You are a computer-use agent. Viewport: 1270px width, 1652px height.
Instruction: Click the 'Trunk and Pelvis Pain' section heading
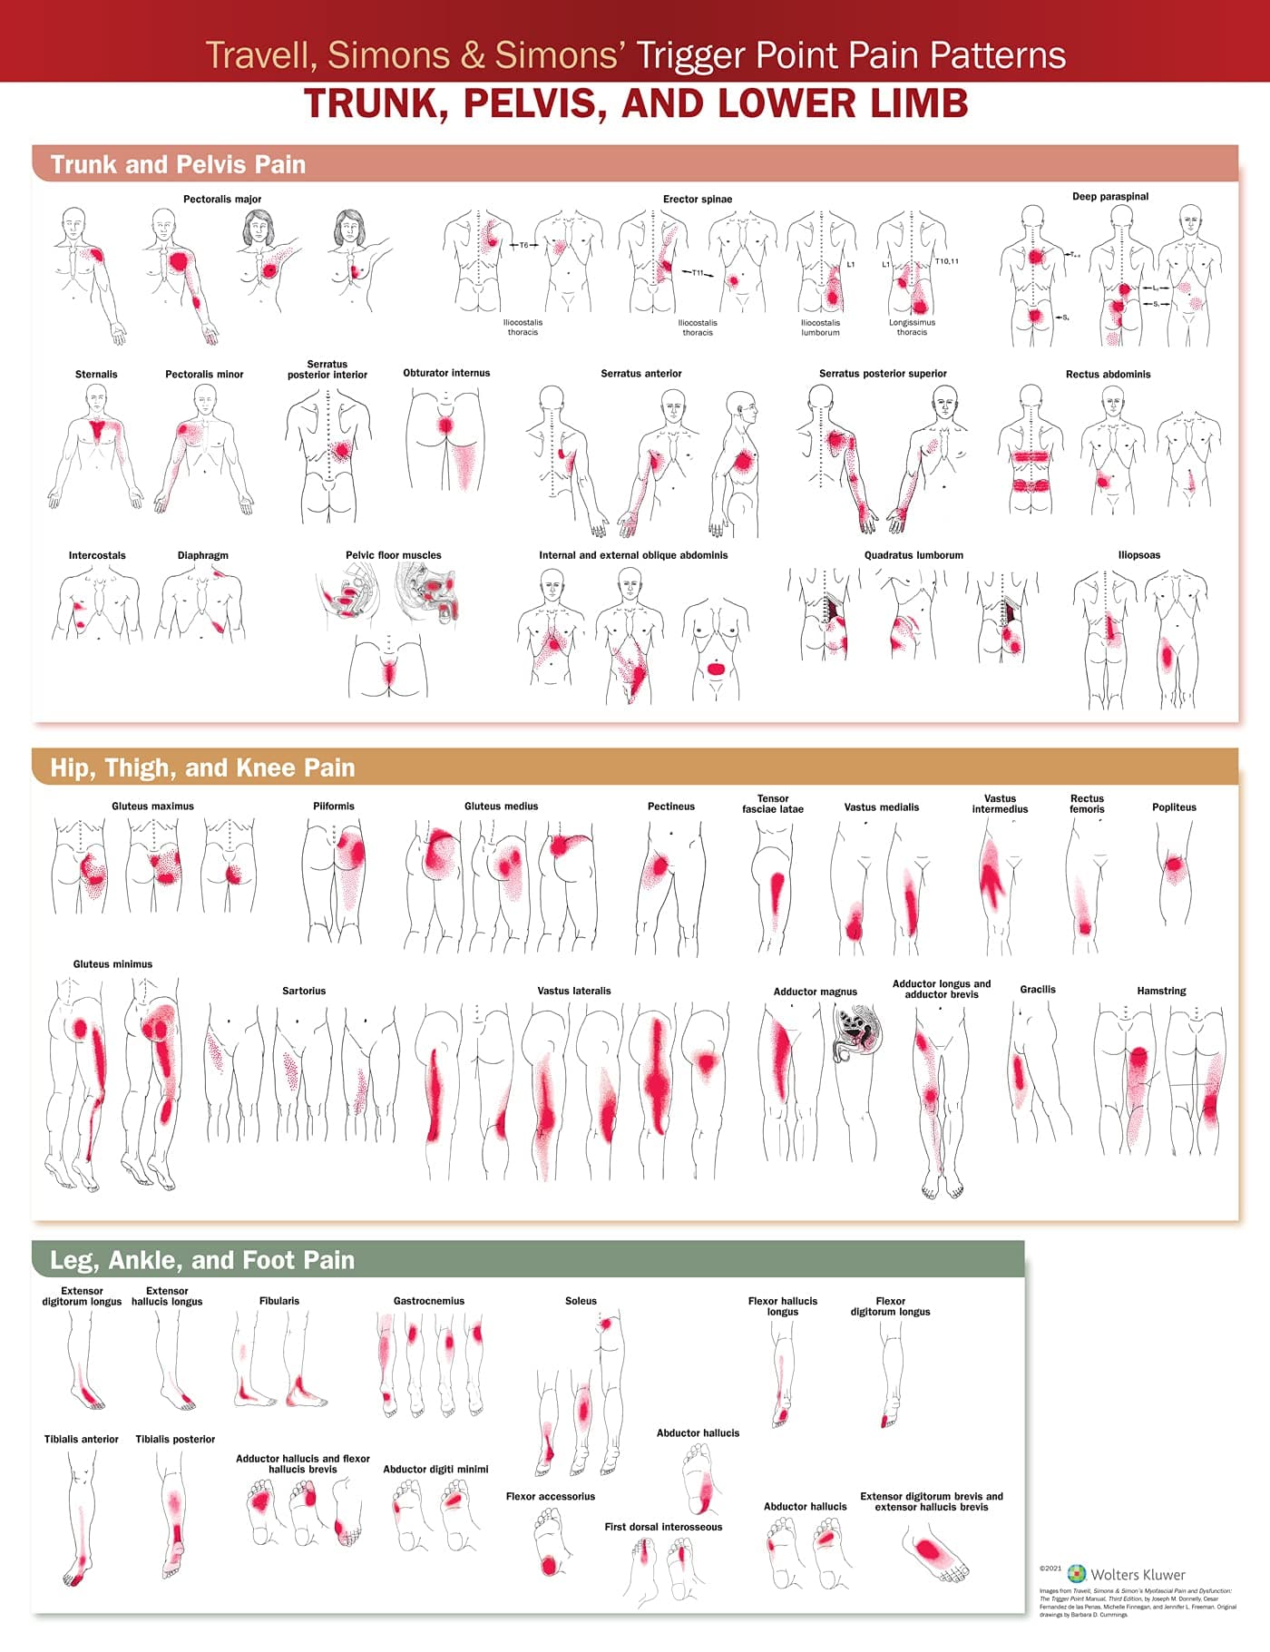point(178,164)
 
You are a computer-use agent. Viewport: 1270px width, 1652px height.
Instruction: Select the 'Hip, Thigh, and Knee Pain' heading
point(202,767)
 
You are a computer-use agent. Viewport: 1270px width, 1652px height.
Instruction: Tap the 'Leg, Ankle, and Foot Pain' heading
point(202,1260)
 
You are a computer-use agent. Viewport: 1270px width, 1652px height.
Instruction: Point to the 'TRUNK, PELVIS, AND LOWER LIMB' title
point(635,103)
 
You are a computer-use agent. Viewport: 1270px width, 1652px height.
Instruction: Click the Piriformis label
point(334,806)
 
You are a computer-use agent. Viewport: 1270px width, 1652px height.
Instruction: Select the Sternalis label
point(96,374)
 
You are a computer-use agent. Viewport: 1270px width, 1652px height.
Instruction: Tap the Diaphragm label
point(203,555)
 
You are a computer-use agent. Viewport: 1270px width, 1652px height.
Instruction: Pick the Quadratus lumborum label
point(913,555)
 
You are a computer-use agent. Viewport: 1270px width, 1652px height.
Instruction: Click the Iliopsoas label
point(1139,555)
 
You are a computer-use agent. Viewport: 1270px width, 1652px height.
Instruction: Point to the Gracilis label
point(1038,990)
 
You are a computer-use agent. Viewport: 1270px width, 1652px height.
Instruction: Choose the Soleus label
point(581,1301)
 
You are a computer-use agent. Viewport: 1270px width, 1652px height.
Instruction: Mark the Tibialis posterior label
point(175,1439)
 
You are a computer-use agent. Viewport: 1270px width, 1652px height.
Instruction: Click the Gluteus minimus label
point(112,964)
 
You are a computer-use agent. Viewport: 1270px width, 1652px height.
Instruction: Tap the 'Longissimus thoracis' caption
point(912,327)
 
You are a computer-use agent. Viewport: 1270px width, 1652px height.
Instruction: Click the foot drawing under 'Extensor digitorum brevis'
point(934,1554)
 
